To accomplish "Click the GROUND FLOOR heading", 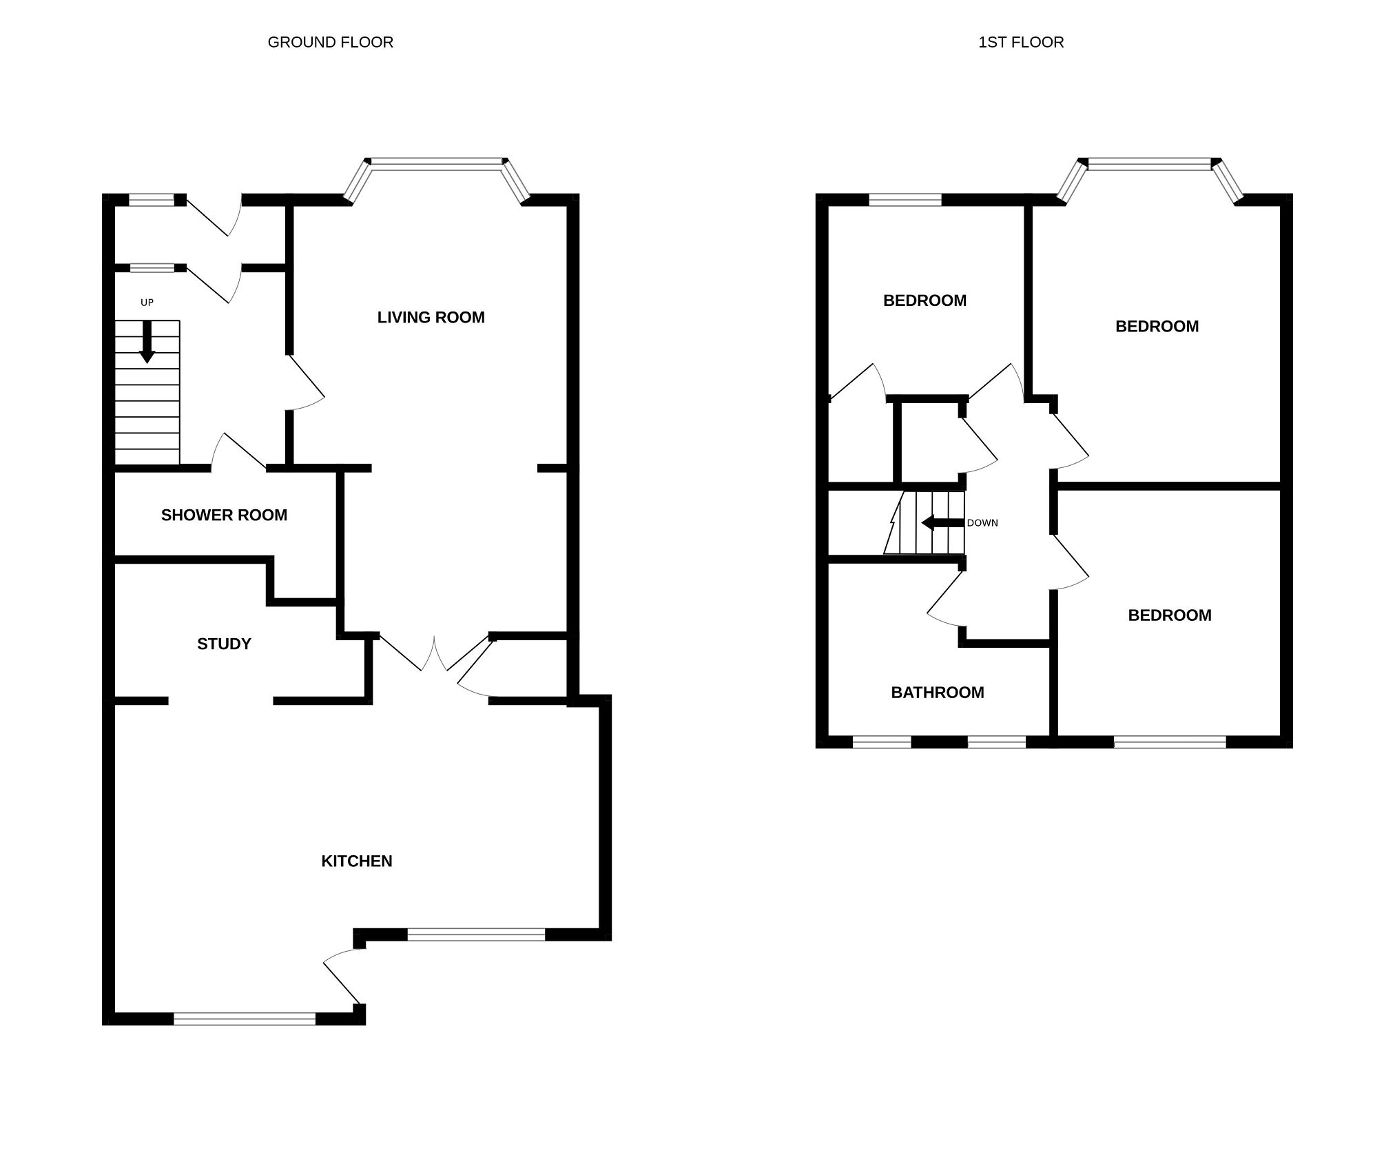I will click(330, 43).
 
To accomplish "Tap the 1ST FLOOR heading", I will click(1021, 43).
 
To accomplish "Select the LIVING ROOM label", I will click(431, 318).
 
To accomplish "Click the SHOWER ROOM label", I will click(224, 515).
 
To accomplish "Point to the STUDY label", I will click(224, 644).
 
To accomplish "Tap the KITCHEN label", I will click(357, 861).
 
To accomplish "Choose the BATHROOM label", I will click(937, 693).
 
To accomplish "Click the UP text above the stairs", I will click(147, 303).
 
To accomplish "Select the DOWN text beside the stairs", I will click(982, 523).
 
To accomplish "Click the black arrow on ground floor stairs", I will click(147, 342).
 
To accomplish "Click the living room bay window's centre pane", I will click(436, 163).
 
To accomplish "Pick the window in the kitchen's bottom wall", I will click(245, 1018).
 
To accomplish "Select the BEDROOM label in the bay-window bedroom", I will click(1157, 327).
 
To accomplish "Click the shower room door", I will click(238, 451).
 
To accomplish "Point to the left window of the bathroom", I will click(882, 742).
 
